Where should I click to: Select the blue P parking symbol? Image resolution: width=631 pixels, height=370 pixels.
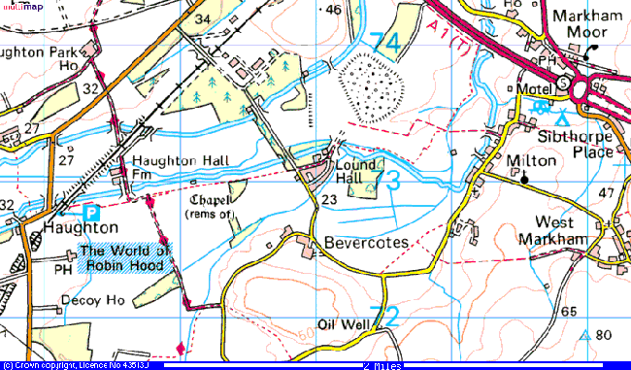pyautogui.click(x=91, y=211)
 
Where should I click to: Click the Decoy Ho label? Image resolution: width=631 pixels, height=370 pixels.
pyautogui.click(x=94, y=298)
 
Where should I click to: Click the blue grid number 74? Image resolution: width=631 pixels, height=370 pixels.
pyautogui.click(x=384, y=43)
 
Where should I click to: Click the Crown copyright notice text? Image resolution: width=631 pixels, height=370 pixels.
pyautogui.click(x=64, y=365)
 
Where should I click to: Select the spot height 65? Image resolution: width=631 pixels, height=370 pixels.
pyautogui.click(x=569, y=312)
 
